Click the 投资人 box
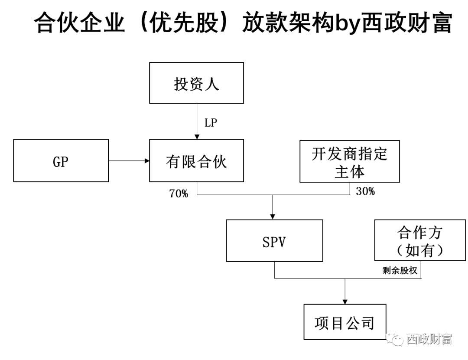(x=196, y=83)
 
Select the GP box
(x=61, y=160)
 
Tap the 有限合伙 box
(x=196, y=161)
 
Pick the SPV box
(x=274, y=241)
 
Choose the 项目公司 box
(x=344, y=322)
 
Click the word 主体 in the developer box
(x=349, y=171)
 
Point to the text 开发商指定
(x=349, y=154)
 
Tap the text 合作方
(x=419, y=233)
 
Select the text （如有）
(x=419, y=250)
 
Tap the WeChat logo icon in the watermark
(x=395, y=337)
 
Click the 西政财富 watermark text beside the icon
(x=429, y=338)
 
